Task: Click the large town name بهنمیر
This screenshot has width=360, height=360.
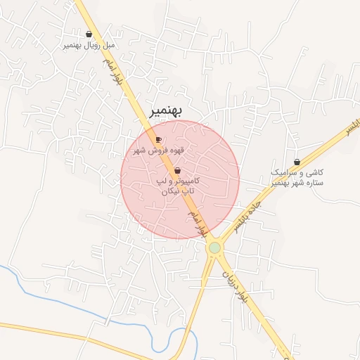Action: [x=167, y=111]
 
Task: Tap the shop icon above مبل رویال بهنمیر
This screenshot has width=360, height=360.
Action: [x=89, y=34]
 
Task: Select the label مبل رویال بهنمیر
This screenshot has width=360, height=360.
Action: [x=89, y=45]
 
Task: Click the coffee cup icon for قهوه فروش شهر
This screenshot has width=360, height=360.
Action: [x=158, y=139]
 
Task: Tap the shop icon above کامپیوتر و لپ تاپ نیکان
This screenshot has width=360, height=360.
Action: [x=176, y=171]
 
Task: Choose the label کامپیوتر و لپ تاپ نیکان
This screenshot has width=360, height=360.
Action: [x=177, y=186]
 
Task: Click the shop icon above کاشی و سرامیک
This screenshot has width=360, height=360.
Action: [x=297, y=162]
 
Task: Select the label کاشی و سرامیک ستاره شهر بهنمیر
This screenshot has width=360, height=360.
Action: [x=297, y=177]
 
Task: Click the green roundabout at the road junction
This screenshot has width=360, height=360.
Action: [x=214, y=247]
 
